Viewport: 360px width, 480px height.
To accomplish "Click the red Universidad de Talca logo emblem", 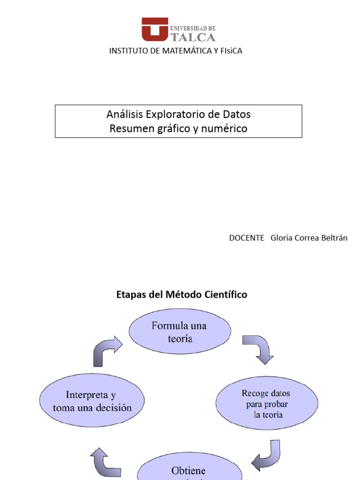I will (x=155, y=29).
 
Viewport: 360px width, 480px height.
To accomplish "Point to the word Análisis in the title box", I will (x=124, y=114).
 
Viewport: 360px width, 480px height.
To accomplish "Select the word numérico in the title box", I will (x=227, y=128).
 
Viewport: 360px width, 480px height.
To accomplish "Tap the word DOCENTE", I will (x=247, y=238).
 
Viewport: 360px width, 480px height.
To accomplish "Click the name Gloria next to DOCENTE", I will (x=281, y=238).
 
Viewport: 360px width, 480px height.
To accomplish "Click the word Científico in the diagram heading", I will (x=225, y=295).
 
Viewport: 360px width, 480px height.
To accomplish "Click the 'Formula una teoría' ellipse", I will (x=180, y=331).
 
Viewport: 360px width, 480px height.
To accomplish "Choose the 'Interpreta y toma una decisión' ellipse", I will (x=92, y=401).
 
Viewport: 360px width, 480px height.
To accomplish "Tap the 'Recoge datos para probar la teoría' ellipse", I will (x=267, y=404).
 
